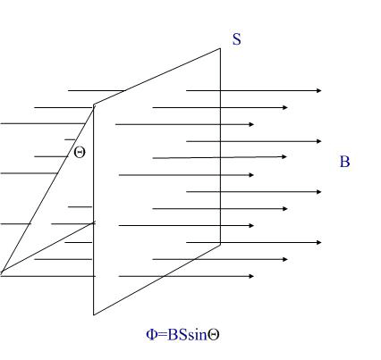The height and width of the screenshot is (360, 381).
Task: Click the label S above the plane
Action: tap(237, 39)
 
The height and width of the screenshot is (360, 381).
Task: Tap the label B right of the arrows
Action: tap(344, 162)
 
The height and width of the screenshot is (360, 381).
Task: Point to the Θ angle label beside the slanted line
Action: tap(80, 153)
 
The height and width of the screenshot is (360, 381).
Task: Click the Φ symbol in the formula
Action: tap(151, 335)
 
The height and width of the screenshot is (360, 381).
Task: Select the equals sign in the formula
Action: tap(162, 335)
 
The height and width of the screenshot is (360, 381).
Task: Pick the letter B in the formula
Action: tap(173, 335)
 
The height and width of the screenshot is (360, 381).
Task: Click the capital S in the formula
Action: tap(183, 335)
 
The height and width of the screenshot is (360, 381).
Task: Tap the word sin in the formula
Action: tap(198, 335)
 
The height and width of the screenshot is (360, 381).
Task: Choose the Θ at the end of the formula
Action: tap(213, 335)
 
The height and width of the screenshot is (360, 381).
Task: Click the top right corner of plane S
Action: tap(220, 48)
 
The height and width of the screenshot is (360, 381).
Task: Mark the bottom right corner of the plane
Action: tap(220, 244)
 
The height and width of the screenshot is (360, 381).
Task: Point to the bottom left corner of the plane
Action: tap(94, 314)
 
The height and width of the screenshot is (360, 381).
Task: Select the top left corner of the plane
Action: tap(94, 105)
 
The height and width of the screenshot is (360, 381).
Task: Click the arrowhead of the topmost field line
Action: tap(319, 90)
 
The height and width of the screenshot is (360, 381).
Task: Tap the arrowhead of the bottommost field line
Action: tap(251, 276)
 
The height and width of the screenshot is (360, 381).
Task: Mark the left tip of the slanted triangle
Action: tap(1, 272)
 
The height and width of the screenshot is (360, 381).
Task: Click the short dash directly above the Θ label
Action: tap(70, 139)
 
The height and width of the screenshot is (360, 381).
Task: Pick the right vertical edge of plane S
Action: tap(220, 147)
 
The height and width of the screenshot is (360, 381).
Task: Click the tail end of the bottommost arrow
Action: tap(119, 276)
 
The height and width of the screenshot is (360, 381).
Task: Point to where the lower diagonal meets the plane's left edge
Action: tap(94, 222)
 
